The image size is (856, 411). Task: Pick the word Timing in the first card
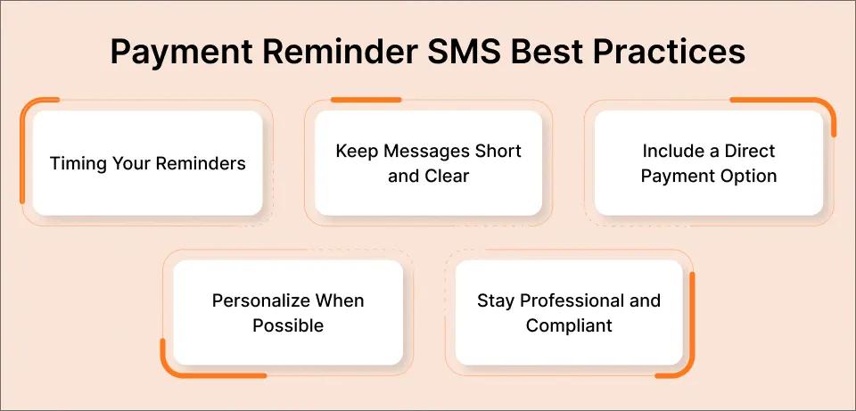click(x=74, y=164)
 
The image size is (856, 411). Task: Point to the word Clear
click(x=447, y=176)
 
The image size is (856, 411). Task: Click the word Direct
click(x=747, y=151)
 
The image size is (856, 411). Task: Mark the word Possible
click(x=288, y=325)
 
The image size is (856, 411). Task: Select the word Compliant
click(x=569, y=325)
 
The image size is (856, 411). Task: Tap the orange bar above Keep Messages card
click(x=366, y=100)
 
